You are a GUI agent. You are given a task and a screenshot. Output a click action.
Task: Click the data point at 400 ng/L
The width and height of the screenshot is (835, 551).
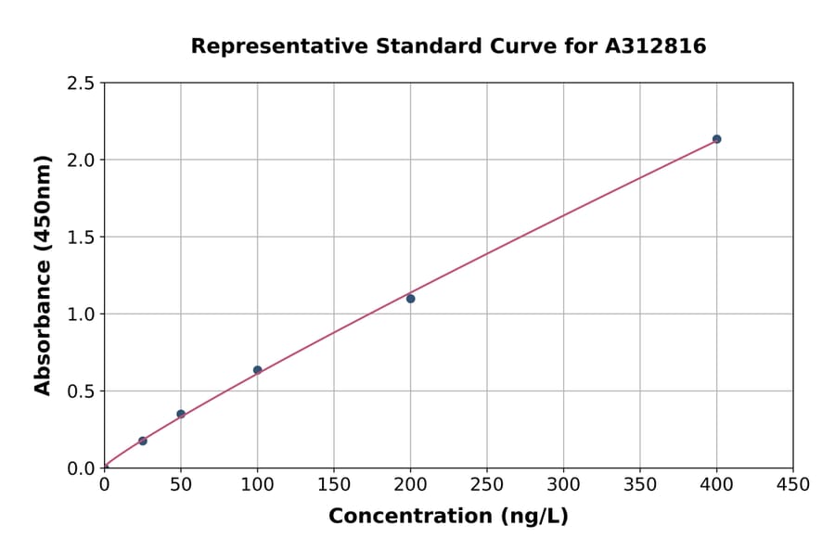pos(716,139)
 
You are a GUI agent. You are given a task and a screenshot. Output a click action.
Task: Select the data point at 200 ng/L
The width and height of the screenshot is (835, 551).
pos(410,299)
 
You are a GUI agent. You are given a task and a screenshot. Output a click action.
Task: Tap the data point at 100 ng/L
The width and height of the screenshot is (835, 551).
pos(257,370)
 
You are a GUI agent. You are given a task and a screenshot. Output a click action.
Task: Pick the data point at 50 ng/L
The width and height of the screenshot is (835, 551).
pos(181,414)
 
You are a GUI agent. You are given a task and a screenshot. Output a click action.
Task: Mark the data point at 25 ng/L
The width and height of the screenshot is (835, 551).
pos(143,441)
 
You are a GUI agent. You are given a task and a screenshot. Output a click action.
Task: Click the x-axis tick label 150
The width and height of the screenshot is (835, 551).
pos(334,484)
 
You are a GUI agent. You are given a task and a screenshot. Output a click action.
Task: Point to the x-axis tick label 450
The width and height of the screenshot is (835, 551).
pos(793,484)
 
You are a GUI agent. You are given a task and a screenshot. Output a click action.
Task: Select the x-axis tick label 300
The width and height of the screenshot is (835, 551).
pos(563,484)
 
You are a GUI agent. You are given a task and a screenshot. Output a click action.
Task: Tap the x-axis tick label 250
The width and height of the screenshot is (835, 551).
pos(487,484)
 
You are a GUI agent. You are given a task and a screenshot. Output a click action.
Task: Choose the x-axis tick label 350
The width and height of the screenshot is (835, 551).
pos(640,484)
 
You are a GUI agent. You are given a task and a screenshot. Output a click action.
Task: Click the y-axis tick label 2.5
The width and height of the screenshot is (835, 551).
pos(81,83)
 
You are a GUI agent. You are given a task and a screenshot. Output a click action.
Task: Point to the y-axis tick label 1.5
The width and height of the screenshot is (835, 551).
pos(81,237)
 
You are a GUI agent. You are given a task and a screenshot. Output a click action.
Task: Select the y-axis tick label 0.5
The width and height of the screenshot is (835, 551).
pos(81,391)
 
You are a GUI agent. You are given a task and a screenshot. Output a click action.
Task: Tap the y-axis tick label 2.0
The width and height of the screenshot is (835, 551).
pos(81,160)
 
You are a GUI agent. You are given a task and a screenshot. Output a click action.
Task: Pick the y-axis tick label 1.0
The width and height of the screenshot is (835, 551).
pos(81,314)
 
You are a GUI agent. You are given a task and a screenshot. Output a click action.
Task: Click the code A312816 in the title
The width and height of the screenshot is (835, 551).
pos(657,46)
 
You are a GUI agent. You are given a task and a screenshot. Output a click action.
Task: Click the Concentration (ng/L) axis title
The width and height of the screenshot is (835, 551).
pos(448,517)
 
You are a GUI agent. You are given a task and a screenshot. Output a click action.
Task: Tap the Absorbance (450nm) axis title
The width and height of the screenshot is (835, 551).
pos(43,275)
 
